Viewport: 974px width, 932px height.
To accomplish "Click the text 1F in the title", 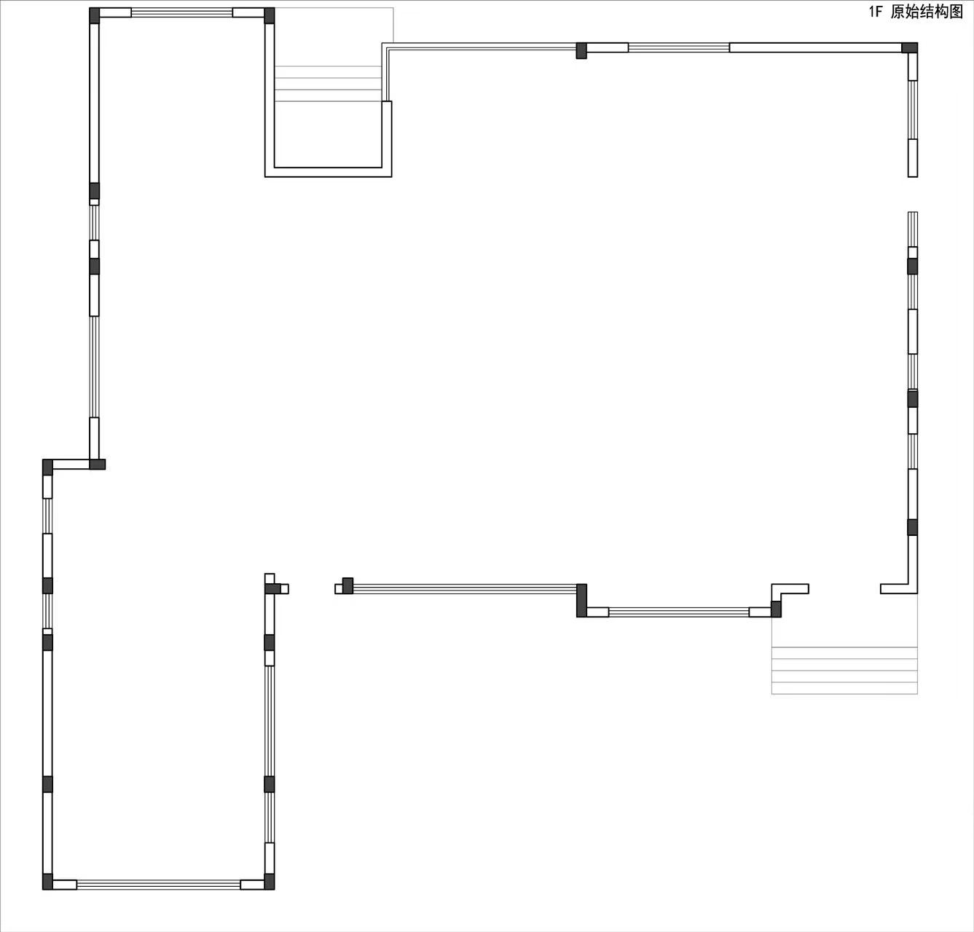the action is pyautogui.click(x=876, y=12).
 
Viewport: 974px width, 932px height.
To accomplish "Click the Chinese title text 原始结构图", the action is pyautogui.click(x=927, y=12).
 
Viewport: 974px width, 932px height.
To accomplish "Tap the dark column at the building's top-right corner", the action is pyautogui.click(x=909, y=47).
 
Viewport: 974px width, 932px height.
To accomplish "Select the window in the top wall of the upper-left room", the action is pyautogui.click(x=181, y=12).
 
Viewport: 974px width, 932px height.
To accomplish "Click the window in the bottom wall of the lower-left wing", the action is pyautogui.click(x=159, y=885).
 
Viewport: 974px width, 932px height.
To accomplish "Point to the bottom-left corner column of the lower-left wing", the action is pyautogui.click(x=47, y=882).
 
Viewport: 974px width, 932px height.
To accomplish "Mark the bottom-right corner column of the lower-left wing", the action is pyautogui.click(x=270, y=882).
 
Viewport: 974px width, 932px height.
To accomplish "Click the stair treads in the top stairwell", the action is pyautogui.click(x=328, y=84).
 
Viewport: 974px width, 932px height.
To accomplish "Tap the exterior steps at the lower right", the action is pyautogui.click(x=844, y=671).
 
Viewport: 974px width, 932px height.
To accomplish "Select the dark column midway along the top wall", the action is pyautogui.click(x=581, y=50).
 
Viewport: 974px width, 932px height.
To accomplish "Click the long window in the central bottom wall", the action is pyautogui.click(x=465, y=589).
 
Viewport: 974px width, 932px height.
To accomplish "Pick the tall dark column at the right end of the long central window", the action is pyautogui.click(x=581, y=600).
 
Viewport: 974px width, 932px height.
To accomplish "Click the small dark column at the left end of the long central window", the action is pyautogui.click(x=348, y=586).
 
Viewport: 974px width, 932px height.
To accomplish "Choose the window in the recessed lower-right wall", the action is pyautogui.click(x=679, y=612).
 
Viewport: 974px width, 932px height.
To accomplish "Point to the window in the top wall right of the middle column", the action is pyautogui.click(x=679, y=47).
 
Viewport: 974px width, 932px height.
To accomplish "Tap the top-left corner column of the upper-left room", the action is pyautogui.click(x=95, y=15).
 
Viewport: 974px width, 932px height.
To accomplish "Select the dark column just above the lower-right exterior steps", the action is pyautogui.click(x=777, y=609).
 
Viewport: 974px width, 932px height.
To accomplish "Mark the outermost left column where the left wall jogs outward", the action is pyautogui.click(x=47, y=467).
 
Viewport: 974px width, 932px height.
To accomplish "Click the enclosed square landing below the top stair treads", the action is pyautogui.click(x=328, y=134).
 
